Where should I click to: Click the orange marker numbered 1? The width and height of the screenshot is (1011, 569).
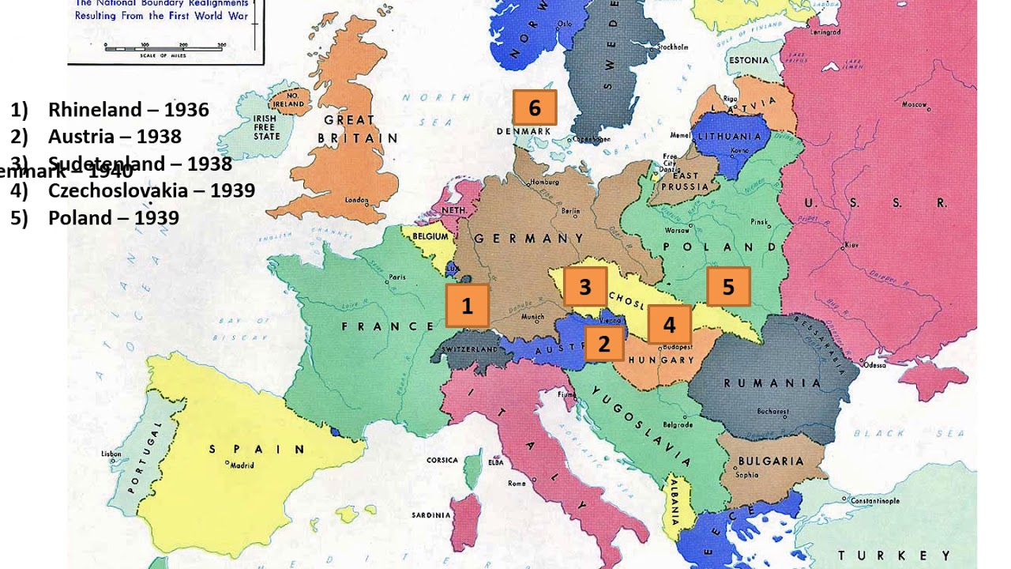467,306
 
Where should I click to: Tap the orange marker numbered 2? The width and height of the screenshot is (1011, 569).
604,344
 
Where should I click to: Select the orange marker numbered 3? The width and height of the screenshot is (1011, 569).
584,287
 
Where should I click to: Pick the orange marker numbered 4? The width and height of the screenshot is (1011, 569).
669,324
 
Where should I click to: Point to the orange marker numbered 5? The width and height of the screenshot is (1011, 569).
728,287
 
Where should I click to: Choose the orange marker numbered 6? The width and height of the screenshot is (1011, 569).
535,107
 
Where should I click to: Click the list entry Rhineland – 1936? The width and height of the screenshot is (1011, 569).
128,110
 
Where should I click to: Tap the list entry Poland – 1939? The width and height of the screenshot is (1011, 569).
113,218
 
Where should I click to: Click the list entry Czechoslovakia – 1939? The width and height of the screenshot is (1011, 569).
151,190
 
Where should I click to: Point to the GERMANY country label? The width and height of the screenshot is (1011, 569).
528,239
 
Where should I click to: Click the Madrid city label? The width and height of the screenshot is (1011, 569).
241,465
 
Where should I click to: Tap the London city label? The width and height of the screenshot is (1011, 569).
357,201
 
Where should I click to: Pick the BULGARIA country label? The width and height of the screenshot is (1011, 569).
770,461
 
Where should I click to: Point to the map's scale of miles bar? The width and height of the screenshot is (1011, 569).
165,47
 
